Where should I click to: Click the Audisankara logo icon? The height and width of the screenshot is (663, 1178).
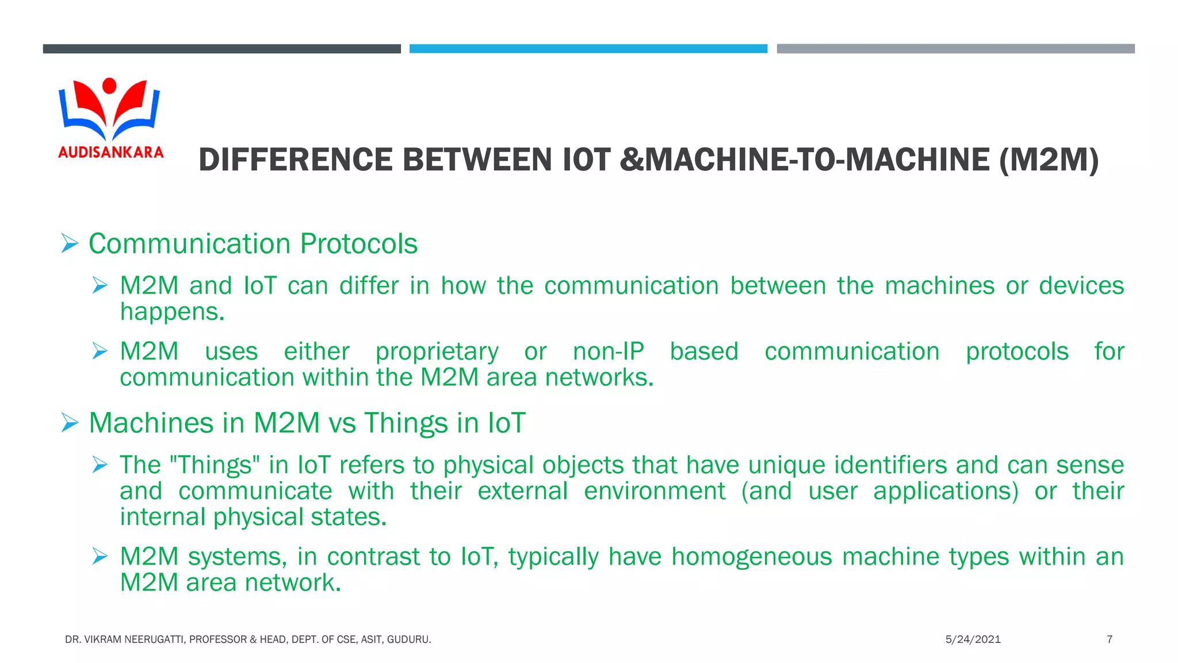(x=109, y=109)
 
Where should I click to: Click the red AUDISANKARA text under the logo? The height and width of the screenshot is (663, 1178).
(x=110, y=153)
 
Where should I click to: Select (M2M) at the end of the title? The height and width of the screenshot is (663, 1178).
(x=1049, y=160)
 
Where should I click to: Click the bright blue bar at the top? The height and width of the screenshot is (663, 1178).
(x=588, y=49)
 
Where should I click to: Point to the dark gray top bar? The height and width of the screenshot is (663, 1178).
(x=221, y=49)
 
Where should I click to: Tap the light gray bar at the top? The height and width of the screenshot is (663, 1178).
(x=955, y=49)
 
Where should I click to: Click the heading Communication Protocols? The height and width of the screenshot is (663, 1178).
(x=253, y=244)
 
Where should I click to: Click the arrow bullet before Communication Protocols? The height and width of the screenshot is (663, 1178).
(x=70, y=244)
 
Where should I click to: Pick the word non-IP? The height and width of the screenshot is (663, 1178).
(x=608, y=352)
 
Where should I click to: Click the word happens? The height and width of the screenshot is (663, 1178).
(x=171, y=313)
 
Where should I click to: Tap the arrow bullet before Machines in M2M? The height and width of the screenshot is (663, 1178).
(x=70, y=423)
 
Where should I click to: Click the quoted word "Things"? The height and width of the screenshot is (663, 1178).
(x=215, y=465)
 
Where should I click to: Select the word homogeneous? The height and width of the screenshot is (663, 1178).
(x=751, y=557)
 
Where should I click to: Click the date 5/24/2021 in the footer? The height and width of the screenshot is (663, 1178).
(x=973, y=639)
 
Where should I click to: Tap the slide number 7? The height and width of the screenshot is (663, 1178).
(x=1110, y=639)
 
